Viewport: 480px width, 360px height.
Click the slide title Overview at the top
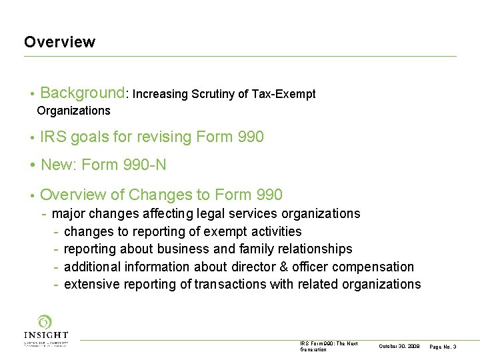point(59,42)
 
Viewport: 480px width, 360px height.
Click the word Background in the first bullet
point(83,93)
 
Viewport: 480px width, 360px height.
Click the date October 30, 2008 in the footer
point(398,347)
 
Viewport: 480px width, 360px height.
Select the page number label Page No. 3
point(443,347)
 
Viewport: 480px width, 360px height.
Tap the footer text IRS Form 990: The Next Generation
point(329,346)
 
